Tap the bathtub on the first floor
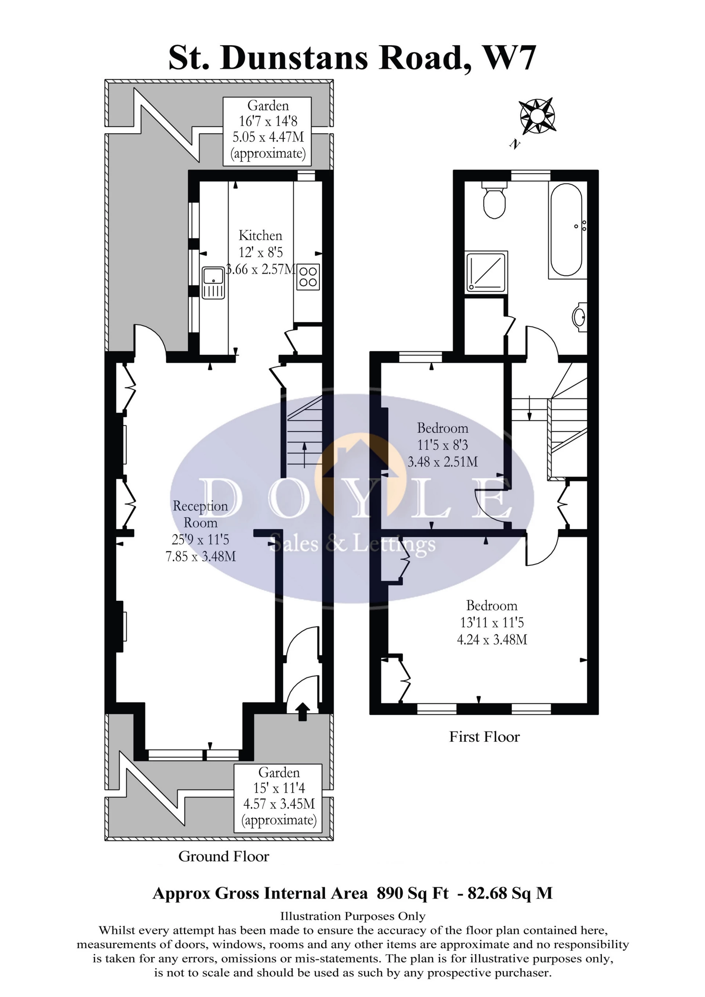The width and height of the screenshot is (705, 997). [567, 230]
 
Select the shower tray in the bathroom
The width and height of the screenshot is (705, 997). [486, 271]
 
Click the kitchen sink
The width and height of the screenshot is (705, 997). [213, 283]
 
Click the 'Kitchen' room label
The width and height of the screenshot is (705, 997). [260, 235]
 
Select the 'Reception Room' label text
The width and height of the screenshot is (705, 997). [200, 514]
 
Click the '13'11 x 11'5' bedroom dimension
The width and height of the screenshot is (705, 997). [492, 622]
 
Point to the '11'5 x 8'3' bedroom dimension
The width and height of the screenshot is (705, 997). [442, 445]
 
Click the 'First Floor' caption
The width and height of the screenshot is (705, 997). [484, 737]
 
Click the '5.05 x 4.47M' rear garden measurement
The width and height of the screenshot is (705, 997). [268, 137]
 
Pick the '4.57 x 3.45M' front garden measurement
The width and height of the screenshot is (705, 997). [279, 804]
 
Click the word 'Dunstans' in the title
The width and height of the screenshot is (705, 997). [295, 58]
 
